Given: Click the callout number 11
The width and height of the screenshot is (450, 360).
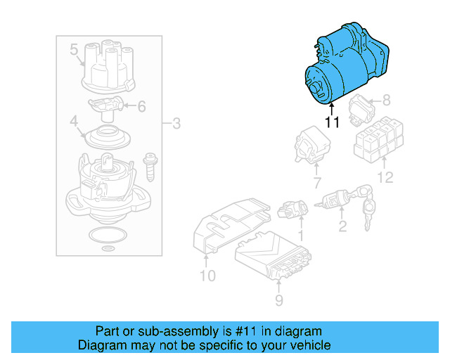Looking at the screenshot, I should tap(332, 122).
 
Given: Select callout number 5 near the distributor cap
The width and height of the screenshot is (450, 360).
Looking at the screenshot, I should tap(74, 49).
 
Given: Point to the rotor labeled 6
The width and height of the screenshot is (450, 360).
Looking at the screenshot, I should tap(105, 106).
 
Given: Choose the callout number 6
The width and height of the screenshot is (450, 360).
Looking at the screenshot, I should tap(141, 107).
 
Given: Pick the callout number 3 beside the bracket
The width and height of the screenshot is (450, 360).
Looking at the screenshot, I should tap(176, 124).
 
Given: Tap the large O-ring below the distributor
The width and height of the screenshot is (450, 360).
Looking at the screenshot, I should tap(106, 235).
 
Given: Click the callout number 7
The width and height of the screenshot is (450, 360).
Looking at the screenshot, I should tap(316, 184).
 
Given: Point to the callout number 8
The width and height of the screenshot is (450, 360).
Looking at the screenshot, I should tap(385, 101).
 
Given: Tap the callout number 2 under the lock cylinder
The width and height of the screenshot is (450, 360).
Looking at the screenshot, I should tap(342, 226).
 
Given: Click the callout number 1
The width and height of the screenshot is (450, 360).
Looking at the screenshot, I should tap(301, 234).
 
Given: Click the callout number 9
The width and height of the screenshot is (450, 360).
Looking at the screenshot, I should tap(278, 301).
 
